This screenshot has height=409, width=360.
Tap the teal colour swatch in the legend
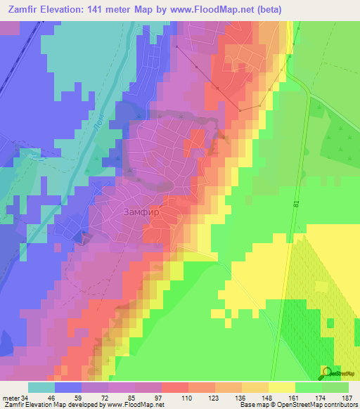(x=41, y=388)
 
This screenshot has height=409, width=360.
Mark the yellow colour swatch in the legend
(x=281, y=388)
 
